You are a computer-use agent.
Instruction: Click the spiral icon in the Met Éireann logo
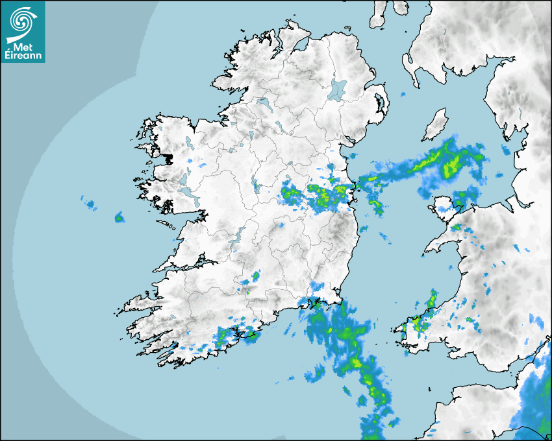pyautogui.click(x=21, y=21)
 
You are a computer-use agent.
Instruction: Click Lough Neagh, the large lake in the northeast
pyautogui.click(x=338, y=89)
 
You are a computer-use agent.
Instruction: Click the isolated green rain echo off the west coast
pyautogui.click(x=119, y=218)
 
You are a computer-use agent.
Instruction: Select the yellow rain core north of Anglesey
pyautogui.click(x=449, y=167)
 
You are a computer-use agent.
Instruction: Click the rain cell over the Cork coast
pyautogui.click(x=227, y=336)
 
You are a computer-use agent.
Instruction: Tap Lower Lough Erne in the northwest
pyautogui.click(x=263, y=103)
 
